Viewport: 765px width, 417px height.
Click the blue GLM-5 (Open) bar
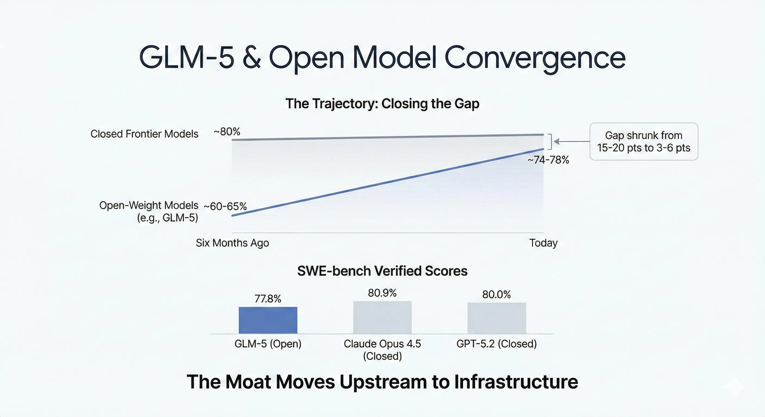268,320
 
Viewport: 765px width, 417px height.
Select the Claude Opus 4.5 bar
382,317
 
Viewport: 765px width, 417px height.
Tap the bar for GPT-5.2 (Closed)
497,318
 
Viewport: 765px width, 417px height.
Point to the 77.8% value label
268,299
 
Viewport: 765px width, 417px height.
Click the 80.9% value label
382,293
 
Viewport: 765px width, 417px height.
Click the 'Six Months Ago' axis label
232,243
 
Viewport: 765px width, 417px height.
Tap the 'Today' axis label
543,243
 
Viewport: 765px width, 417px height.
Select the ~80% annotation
227,131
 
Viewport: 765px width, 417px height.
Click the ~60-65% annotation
225,206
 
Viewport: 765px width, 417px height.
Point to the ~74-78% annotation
548,160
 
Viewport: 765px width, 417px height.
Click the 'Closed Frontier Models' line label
144,134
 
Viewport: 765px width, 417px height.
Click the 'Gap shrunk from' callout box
644,141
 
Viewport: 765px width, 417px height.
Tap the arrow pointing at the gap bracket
570,141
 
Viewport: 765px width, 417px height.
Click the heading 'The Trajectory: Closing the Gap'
382,104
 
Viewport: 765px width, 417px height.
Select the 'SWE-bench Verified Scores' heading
382,271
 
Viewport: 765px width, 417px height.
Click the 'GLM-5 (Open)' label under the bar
268,344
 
